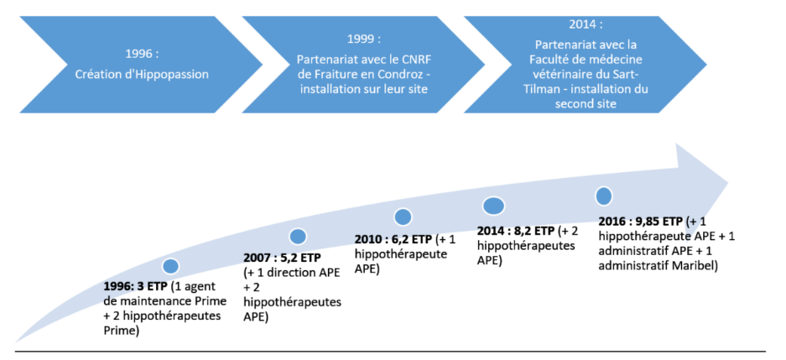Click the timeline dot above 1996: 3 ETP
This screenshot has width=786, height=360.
171,266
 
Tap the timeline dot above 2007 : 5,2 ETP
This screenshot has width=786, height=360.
298,236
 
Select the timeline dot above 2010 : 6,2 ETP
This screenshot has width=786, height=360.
403,217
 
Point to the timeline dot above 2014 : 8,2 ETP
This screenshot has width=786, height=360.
494,206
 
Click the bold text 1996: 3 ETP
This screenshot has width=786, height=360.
136,287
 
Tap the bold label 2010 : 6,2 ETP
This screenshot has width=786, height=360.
393,238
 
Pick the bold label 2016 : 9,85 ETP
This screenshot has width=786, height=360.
642,221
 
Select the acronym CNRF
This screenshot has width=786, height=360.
417,60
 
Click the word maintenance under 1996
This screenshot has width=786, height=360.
152,301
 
